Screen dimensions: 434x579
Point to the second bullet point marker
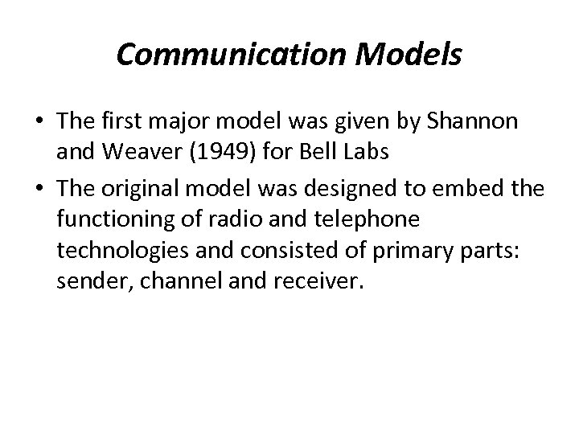point(38,187)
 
